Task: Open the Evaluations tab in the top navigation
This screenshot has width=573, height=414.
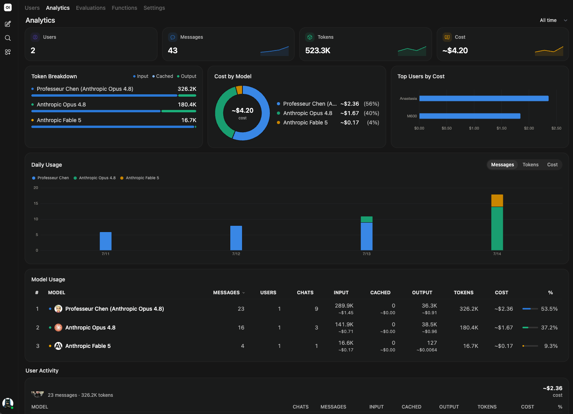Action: coord(90,8)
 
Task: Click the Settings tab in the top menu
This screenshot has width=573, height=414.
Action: coord(154,8)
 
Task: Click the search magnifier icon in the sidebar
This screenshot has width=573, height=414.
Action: coord(8,38)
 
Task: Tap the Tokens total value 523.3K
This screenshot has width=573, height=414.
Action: coord(318,50)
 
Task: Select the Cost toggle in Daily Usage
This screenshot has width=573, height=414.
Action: coord(552,165)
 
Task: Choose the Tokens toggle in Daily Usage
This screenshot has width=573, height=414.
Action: coord(530,165)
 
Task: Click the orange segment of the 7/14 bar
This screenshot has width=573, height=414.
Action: coord(497,201)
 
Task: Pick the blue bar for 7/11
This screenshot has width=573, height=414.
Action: coord(106,241)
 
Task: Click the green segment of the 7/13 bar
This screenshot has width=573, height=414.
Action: coord(366,219)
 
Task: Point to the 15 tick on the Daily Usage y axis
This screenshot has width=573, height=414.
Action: coord(36,203)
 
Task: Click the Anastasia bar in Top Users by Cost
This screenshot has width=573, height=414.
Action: coord(484,98)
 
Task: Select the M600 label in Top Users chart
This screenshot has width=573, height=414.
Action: coord(412,116)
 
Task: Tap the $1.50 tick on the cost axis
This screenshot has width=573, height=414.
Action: coord(501,128)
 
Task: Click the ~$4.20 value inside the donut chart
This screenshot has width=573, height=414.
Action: coord(242,110)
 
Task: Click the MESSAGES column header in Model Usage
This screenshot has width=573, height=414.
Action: coord(226,293)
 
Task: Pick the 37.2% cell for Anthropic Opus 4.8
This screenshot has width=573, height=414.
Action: coord(549,328)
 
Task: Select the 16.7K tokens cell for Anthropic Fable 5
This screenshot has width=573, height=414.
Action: coord(470,346)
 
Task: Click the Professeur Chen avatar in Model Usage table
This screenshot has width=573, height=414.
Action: coord(58,309)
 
